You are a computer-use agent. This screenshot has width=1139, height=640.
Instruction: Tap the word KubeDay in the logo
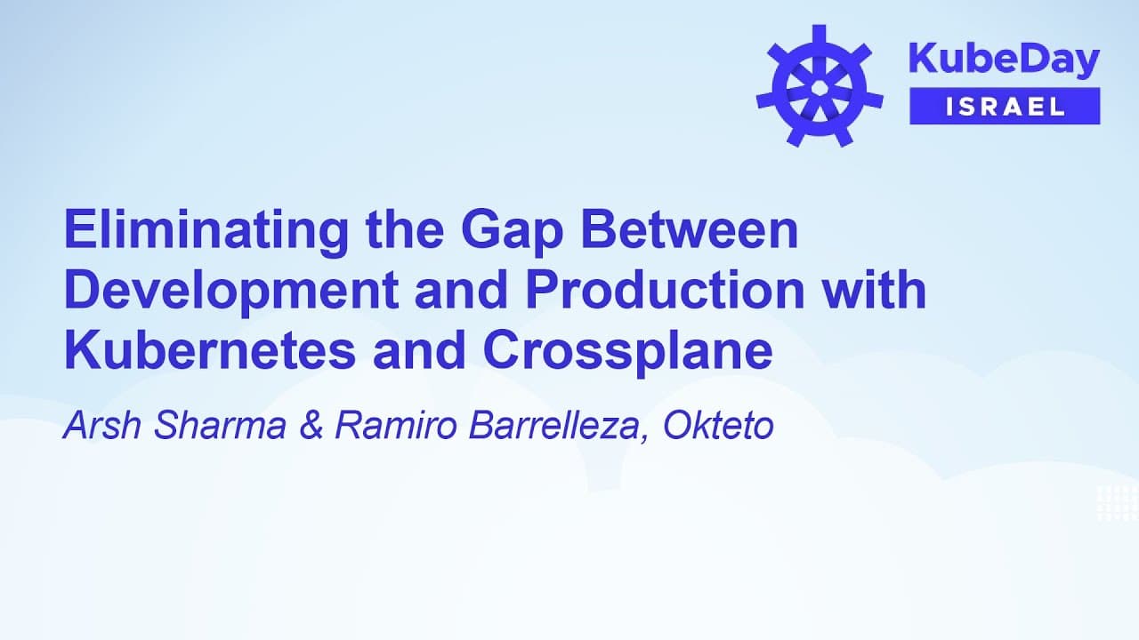1004,60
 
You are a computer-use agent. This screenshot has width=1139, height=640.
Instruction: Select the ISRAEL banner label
1005,107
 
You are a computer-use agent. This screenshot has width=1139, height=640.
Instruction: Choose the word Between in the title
691,231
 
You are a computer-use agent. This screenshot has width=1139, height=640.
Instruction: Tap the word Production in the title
657,292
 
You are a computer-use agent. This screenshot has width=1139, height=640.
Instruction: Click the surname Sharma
220,426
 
